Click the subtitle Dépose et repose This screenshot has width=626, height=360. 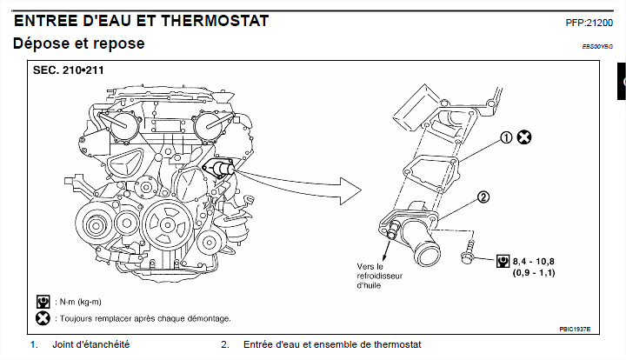point(79,43)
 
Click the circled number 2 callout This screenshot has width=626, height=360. point(484,197)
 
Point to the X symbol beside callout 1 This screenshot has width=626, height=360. point(524,137)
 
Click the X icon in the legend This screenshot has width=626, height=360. point(43,318)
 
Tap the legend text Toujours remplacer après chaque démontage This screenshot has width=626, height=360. point(143,318)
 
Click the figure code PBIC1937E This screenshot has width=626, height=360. point(575,330)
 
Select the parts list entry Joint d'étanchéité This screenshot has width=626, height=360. point(91,345)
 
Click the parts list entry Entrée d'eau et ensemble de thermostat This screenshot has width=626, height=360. point(332,345)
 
